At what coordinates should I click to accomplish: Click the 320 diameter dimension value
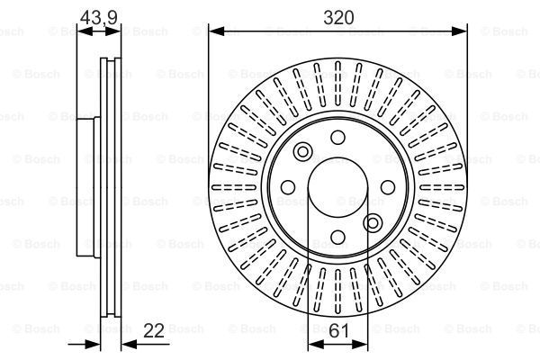coord(338,18)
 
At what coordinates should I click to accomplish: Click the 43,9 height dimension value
coord(99,17)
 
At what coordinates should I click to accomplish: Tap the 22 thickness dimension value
coord(154,330)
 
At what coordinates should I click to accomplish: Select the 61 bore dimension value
coord(338,331)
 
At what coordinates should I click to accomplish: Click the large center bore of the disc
coord(337,187)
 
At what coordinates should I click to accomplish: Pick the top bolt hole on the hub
coord(337,138)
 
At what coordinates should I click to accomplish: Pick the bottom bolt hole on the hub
coord(337,237)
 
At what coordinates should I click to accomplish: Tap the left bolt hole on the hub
coord(288,187)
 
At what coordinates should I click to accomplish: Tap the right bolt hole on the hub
coord(388,187)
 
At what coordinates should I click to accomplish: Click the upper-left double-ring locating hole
coord(302,151)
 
